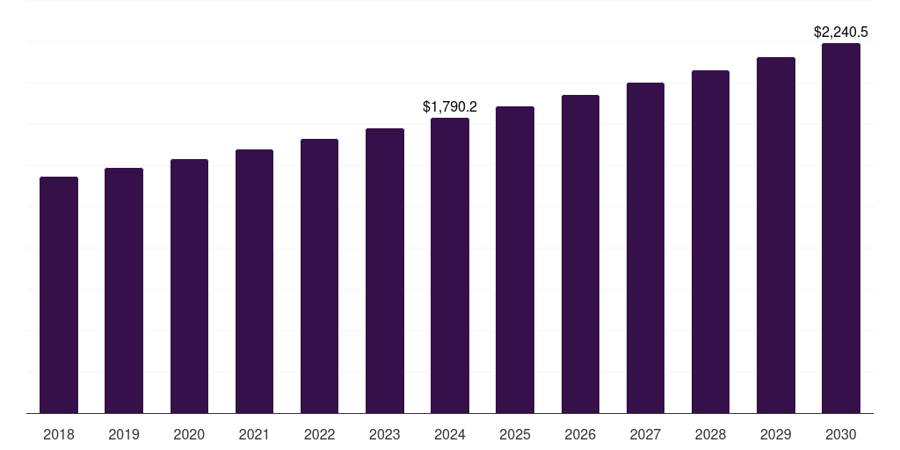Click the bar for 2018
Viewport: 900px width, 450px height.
point(59,294)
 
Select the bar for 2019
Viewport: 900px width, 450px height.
point(124,290)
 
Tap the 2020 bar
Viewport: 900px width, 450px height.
point(189,286)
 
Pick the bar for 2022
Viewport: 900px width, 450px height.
point(319,276)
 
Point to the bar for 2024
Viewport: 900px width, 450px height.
point(450,265)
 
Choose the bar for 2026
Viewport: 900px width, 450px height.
point(580,254)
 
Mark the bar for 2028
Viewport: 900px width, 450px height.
point(710,242)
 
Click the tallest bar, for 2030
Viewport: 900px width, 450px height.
point(841,228)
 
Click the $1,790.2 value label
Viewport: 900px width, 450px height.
point(450,106)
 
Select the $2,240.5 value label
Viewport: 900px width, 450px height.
point(841,33)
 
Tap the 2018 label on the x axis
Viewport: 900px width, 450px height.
point(59,434)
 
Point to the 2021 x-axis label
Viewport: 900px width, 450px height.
point(254,434)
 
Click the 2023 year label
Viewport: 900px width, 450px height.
point(385,434)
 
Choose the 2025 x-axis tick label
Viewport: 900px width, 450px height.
point(515,434)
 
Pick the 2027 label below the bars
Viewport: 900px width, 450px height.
point(645,434)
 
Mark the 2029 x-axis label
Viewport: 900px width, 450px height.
point(776,434)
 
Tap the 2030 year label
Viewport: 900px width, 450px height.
point(841,434)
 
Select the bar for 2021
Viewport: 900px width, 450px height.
point(254,281)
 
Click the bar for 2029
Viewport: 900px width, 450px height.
point(776,235)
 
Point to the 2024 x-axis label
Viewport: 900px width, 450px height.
point(450,434)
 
